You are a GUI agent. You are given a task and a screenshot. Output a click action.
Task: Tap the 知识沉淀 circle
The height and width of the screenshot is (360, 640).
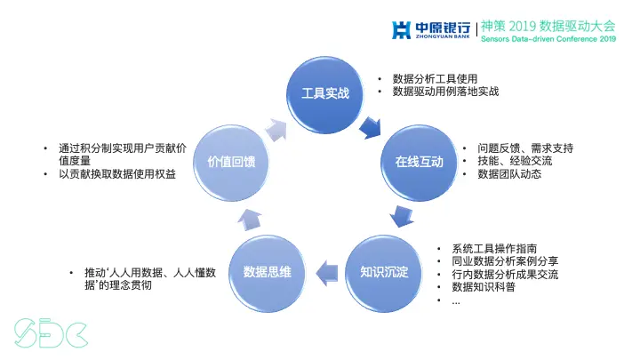click(384, 271)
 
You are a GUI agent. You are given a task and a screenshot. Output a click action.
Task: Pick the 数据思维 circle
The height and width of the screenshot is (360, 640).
click(268, 271)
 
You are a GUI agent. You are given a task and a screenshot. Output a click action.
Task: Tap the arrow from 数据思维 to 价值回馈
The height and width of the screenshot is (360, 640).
click(252, 218)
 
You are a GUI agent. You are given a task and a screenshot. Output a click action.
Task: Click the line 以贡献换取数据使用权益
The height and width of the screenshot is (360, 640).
click(117, 174)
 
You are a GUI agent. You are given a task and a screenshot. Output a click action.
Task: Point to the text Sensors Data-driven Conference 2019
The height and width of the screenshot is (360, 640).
click(548, 39)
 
